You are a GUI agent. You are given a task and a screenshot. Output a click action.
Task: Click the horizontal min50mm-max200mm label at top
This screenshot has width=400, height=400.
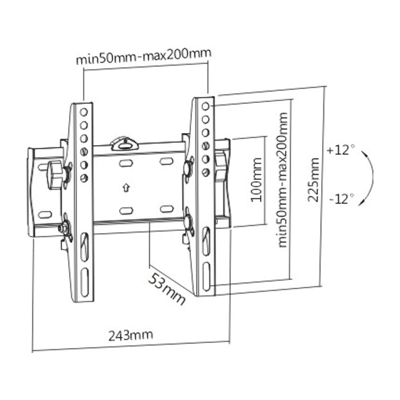(x=143, y=57)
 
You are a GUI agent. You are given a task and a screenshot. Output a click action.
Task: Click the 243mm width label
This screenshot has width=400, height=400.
(x=131, y=334)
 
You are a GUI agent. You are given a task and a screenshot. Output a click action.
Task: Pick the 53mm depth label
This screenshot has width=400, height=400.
(x=167, y=289)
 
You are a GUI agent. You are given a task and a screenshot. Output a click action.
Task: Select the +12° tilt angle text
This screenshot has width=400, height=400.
(x=341, y=150)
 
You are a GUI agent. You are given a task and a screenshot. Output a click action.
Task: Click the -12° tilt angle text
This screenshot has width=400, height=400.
(x=341, y=199)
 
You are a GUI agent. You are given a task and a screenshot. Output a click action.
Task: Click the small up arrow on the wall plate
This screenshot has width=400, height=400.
(x=125, y=187)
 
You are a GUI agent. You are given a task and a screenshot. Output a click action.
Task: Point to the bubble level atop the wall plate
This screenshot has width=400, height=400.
(x=125, y=143)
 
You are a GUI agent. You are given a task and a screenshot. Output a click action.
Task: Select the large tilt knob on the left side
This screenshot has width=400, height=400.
(x=55, y=173)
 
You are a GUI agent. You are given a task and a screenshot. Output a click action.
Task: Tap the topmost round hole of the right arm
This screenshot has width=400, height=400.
(x=205, y=107)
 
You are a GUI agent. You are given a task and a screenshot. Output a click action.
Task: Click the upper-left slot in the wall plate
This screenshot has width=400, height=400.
(x=126, y=163)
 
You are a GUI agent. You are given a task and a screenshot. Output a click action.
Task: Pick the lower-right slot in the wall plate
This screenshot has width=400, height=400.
(x=167, y=209)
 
